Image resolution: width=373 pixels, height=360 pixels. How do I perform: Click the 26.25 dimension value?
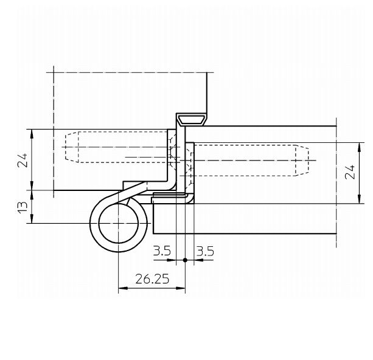tap(152, 279)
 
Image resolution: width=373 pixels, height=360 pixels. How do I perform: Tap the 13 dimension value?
tap(23, 207)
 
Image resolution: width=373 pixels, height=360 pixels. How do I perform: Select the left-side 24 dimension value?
tap(23, 161)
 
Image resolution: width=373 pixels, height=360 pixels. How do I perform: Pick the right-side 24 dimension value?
tap(350, 172)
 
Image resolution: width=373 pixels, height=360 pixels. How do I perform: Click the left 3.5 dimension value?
tap(162, 251)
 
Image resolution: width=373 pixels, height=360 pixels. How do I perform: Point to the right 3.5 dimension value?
tap(205, 251)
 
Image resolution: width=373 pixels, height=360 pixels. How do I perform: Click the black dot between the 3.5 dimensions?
tap(185, 260)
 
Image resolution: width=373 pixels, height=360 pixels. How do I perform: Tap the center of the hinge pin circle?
tap(119, 223)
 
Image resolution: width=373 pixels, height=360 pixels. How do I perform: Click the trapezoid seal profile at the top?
tap(192, 120)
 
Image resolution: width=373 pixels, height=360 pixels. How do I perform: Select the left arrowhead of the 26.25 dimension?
tap(123, 288)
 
